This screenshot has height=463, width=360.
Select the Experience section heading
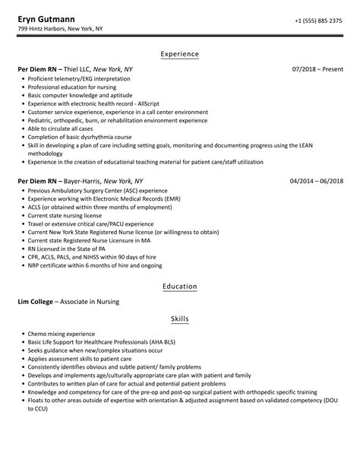tap(180, 54)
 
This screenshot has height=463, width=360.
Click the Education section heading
tap(180, 287)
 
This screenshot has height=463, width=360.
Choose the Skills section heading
tap(180, 319)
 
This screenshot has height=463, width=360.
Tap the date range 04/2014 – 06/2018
tap(317, 182)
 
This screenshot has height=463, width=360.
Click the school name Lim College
tap(36, 302)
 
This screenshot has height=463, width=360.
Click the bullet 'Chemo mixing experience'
tap(61, 334)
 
